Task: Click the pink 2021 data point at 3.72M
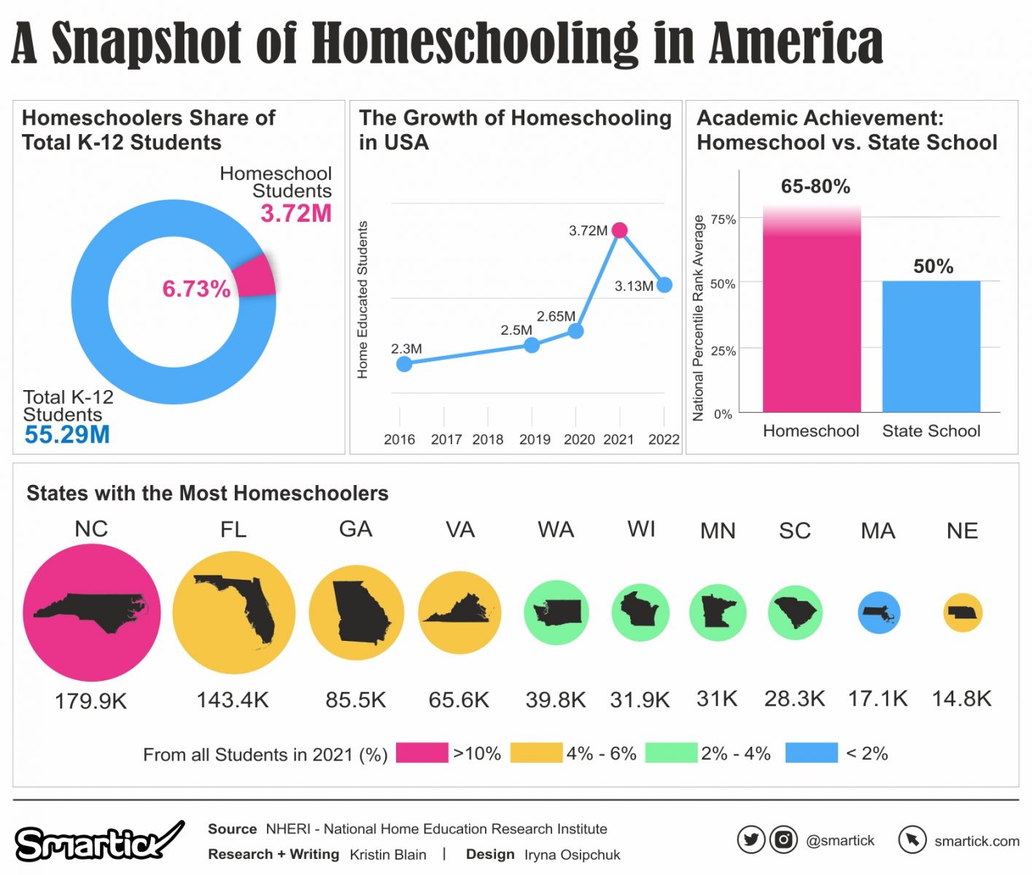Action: coord(619,230)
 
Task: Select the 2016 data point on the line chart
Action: coord(404,364)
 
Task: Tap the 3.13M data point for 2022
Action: coord(664,285)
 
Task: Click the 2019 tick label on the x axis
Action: coord(535,440)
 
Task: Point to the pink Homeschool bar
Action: coord(812,321)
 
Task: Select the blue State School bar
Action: coord(931,346)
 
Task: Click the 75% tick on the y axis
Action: coord(723,219)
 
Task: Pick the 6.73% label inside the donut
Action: coord(196,289)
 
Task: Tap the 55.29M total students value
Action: coord(67,435)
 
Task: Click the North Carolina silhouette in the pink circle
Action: coord(90,612)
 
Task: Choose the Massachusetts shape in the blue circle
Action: coord(879,613)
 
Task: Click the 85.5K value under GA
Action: coord(356,700)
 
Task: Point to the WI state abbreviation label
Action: coord(641,529)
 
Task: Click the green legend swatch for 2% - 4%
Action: coord(671,753)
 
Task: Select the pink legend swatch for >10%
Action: coord(422,753)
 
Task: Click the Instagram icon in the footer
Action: coord(783,840)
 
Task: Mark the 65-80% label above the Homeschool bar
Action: coord(815,187)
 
